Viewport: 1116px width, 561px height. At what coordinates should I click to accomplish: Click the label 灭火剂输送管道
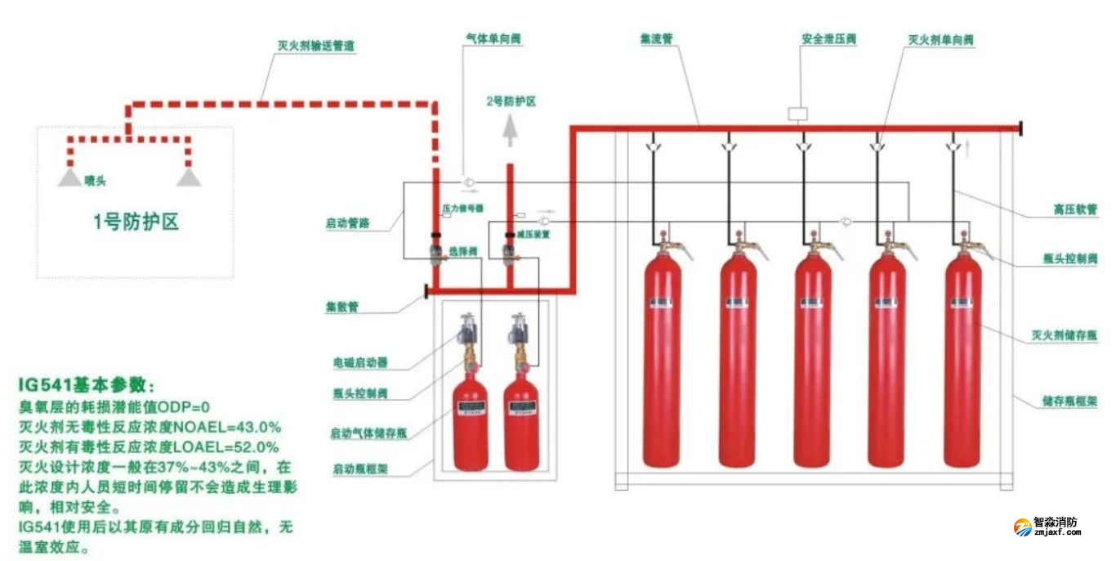(x=315, y=47)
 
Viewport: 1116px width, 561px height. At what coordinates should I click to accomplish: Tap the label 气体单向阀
(x=493, y=39)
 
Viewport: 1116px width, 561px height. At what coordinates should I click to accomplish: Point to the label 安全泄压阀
(x=828, y=39)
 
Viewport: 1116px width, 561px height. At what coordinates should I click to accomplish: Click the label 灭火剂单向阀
(x=941, y=39)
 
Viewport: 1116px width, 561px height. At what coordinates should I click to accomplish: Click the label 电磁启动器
(x=359, y=362)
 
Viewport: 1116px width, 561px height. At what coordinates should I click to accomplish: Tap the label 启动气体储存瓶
(x=368, y=433)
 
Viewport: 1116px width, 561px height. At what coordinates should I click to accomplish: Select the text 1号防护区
(x=136, y=222)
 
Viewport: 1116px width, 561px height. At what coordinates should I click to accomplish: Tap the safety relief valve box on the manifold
(x=797, y=114)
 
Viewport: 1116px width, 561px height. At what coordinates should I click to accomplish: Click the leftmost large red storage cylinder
(x=662, y=360)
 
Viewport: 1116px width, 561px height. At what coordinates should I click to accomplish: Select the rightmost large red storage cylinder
(x=962, y=360)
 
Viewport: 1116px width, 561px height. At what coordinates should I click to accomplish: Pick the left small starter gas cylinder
(x=471, y=425)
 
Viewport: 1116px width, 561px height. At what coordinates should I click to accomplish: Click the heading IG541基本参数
(x=86, y=384)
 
